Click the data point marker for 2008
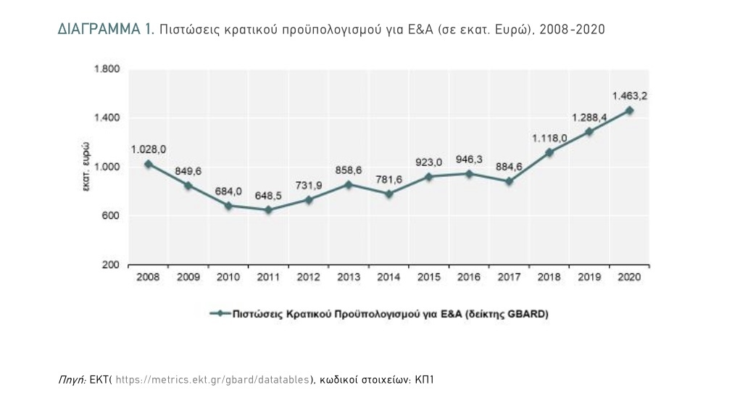(149, 164)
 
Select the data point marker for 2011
(268, 210)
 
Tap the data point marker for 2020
(629, 110)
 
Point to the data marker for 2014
(388, 194)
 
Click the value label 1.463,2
(629, 95)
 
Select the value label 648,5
(268, 195)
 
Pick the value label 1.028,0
(149, 149)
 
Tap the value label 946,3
(469, 159)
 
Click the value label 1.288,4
(589, 117)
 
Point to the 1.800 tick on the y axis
(107, 70)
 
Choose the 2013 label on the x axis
(349, 278)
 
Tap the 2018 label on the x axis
(549, 278)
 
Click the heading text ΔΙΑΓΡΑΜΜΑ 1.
(105, 30)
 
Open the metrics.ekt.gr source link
(213, 379)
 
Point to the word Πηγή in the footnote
(71, 379)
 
